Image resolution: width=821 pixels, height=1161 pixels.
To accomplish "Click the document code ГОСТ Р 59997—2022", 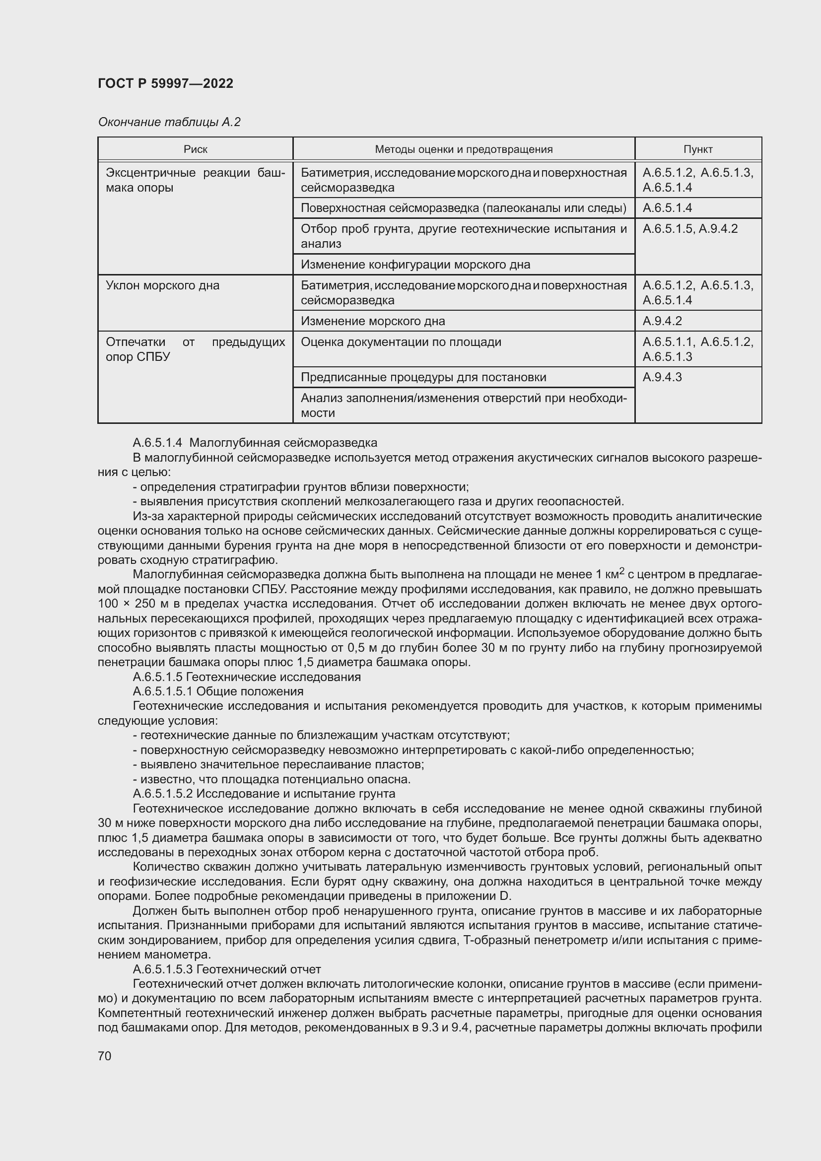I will tap(165, 83).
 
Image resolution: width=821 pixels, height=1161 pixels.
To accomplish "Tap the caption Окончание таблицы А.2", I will tap(169, 122).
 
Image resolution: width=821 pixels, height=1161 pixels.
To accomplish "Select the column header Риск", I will tap(195, 149).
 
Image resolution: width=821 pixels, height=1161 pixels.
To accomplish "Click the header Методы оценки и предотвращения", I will tap(463, 149).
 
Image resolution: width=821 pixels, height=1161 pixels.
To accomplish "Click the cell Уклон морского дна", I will tap(163, 286).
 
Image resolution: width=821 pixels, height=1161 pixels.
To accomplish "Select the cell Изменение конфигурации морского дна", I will tap(415, 265).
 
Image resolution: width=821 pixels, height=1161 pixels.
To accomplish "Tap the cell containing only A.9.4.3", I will tap(662, 377).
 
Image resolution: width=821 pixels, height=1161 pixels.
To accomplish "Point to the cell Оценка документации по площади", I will tap(401, 342).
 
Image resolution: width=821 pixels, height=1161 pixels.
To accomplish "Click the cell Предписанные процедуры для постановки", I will tap(423, 377).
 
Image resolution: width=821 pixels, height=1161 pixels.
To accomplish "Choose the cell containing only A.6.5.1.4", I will tap(667, 208).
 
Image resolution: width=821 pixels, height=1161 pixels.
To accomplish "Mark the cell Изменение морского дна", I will tap(373, 321).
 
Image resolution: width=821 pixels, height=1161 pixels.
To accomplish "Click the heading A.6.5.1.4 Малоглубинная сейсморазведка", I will tap(254, 443).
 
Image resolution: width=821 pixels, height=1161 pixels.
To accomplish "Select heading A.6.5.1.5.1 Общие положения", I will tap(218, 691).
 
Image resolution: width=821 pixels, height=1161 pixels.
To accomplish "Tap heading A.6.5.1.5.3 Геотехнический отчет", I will tap(226, 969).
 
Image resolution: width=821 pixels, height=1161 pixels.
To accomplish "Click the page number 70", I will tap(105, 1056).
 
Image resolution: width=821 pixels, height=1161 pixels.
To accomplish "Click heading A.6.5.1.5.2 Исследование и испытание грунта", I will tap(264, 793).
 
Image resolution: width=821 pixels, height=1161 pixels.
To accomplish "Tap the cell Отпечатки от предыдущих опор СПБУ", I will tap(195, 349).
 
